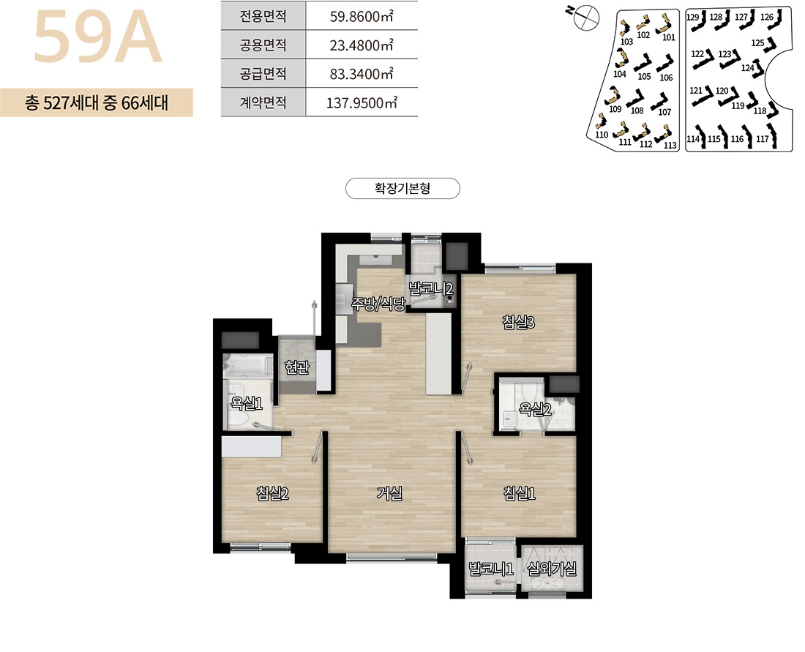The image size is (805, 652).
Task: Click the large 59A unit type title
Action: click(x=97, y=37)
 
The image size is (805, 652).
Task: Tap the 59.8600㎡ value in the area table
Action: click(x=362, y=16)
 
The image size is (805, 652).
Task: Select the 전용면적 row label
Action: click(x=263, y=16)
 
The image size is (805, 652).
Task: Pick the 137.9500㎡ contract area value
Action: click(x=362, y=103)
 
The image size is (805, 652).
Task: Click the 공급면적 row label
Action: click(x=263, y=74)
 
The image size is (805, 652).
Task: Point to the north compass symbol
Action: click(x=585, y=17)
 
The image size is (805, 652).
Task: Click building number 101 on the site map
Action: click(x=668, y=37)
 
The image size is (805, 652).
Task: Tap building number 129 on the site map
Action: click(x=692, y=18)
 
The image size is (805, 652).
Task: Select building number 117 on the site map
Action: click(x=763, y=138)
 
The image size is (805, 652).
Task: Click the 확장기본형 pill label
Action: click(x=402, y=188)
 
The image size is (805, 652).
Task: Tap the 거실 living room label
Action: click(x=389, y=493)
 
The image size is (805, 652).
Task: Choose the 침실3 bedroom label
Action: click(x=519, y=323)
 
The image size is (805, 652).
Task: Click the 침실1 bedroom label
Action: click(x=520, y=493)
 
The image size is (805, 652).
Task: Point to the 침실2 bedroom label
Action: click(x=273, y=493)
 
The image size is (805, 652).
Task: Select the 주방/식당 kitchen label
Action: click(x=378, y=304)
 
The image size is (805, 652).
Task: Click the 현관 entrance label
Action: click(x=297, y=367)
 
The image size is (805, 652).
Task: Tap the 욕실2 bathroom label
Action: click(x=535, y=409)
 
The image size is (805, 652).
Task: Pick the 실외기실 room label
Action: click(x=552, y=569)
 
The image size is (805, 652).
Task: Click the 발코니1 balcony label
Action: click(x=491, y=569)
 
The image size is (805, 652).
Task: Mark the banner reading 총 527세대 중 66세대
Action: click(x=97, y=102)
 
